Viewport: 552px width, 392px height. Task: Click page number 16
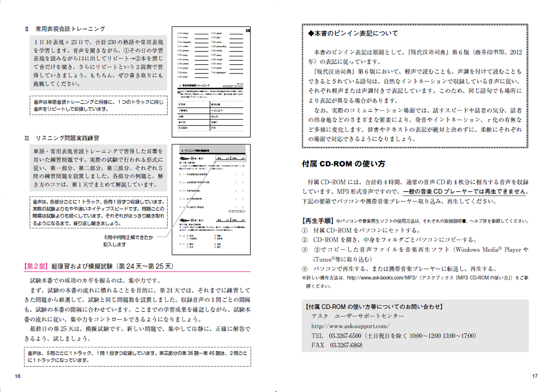tap(17, 376)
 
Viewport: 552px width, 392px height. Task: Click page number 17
tap(535, 376)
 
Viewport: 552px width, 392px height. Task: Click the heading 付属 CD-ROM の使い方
tap(343, 164)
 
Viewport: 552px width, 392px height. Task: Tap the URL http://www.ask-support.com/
tap(350, 326)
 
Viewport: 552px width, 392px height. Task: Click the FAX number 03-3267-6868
tap(346, 345)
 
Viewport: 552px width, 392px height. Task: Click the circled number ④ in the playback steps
tap(305, 269)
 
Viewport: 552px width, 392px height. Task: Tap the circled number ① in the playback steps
tap(305, 230)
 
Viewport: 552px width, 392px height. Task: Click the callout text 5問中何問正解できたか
tap(128, 238)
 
